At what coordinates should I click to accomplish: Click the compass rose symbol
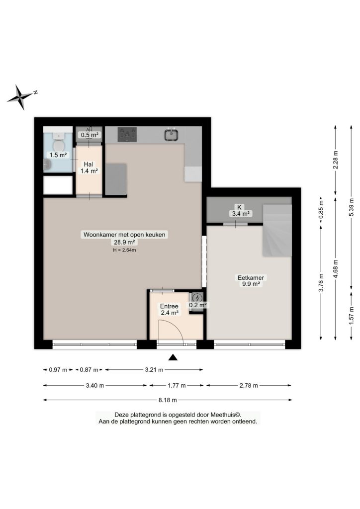[21, 97]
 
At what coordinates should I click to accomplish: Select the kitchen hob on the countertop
[127, 134]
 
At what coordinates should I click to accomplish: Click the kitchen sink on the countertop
[172, 134]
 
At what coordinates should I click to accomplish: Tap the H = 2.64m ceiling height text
[124, 251]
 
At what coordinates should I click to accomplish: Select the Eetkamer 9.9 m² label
[251, 281]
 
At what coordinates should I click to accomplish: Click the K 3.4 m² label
[240, 210]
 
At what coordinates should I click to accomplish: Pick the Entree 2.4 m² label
[169, 309]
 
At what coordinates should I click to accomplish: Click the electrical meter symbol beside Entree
[197, 298]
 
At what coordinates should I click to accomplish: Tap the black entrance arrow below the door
[173, 357]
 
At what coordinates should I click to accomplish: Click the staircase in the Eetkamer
[277, 231]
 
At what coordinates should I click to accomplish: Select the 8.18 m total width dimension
[168, 400]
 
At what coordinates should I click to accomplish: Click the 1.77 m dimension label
[177, 385]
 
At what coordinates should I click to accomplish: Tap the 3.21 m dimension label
[154, 369]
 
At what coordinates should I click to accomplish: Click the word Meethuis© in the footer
[226, 415]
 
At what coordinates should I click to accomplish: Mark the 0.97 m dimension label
[58, 369]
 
